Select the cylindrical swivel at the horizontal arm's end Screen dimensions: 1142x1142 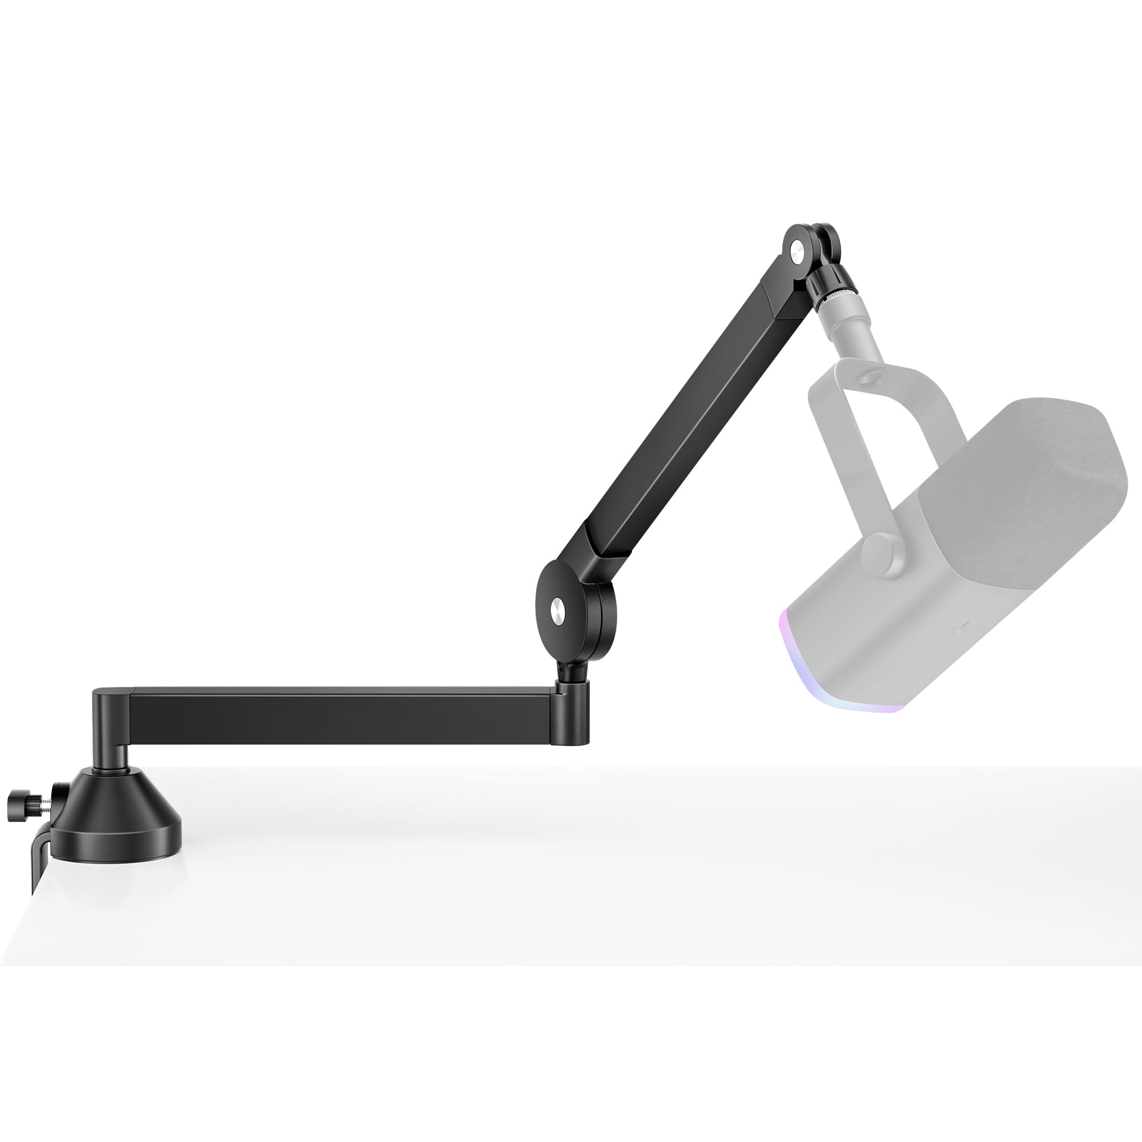tap(573, 711)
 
